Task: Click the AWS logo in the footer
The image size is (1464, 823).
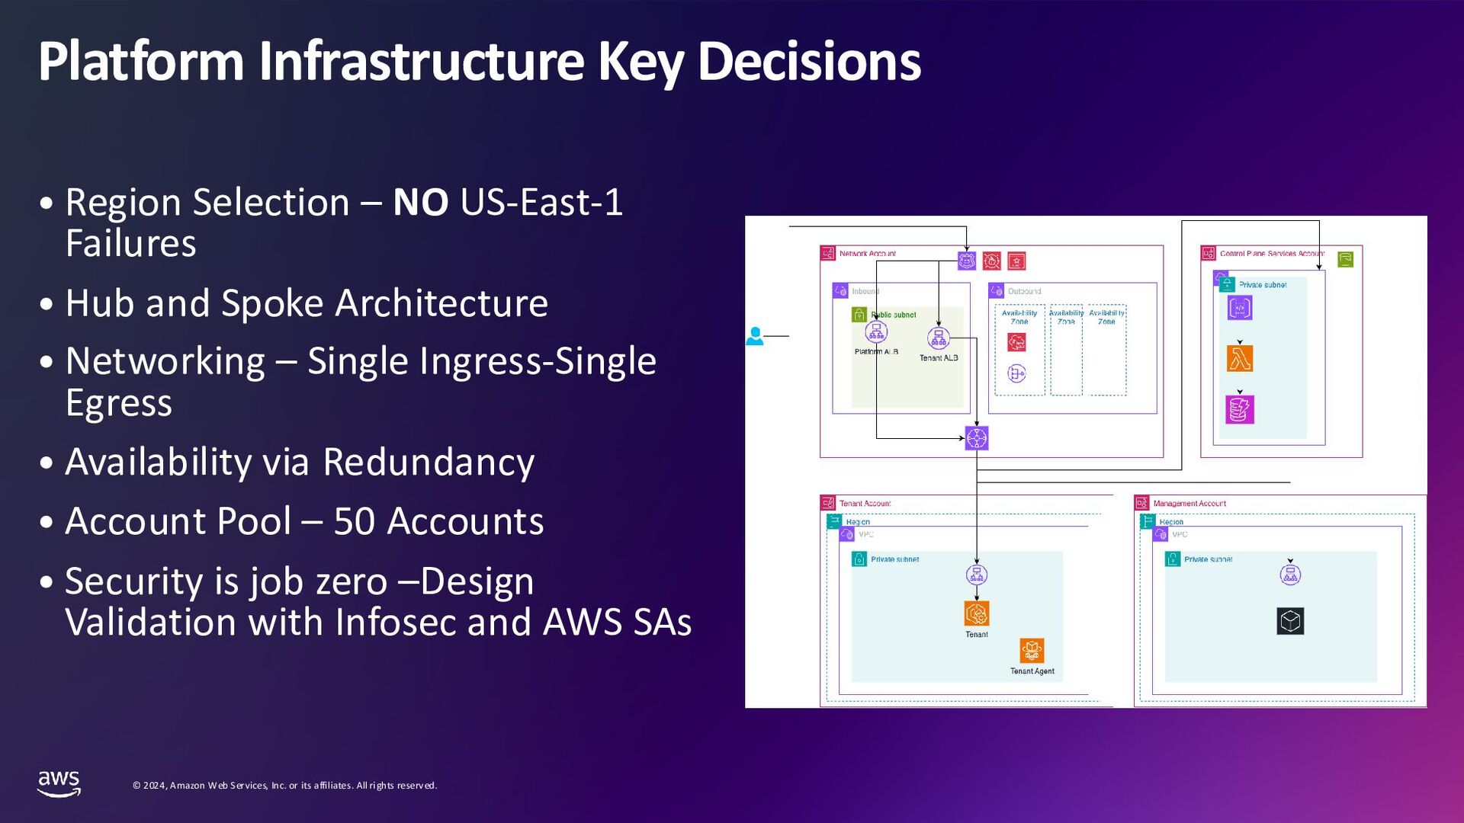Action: click(59, 783)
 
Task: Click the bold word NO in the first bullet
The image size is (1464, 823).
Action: click(420, 203)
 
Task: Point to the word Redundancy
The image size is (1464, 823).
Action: click(429, 463)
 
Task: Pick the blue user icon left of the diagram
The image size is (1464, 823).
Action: click(755, 335)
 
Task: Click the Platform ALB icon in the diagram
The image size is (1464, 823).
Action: click(876, 332)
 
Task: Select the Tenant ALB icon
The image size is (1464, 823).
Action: click(939, 338)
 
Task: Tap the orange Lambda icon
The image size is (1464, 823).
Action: click(1240, 358)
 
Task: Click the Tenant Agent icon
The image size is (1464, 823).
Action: click(1032, 651)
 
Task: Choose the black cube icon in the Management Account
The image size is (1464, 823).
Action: click(1290, 620)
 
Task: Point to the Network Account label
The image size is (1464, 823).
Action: click(867, 254)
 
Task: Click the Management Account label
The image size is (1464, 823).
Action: click(1189, 504)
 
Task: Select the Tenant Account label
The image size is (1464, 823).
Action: click(865, 504)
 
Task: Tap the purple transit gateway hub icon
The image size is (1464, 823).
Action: click(977, 438)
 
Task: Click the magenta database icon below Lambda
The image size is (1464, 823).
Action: click(1240, 409)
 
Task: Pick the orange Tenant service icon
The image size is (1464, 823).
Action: click(977, 613)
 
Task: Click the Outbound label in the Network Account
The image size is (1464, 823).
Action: click(1024, 291)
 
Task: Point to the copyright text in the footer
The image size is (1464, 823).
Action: click(284, 786)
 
